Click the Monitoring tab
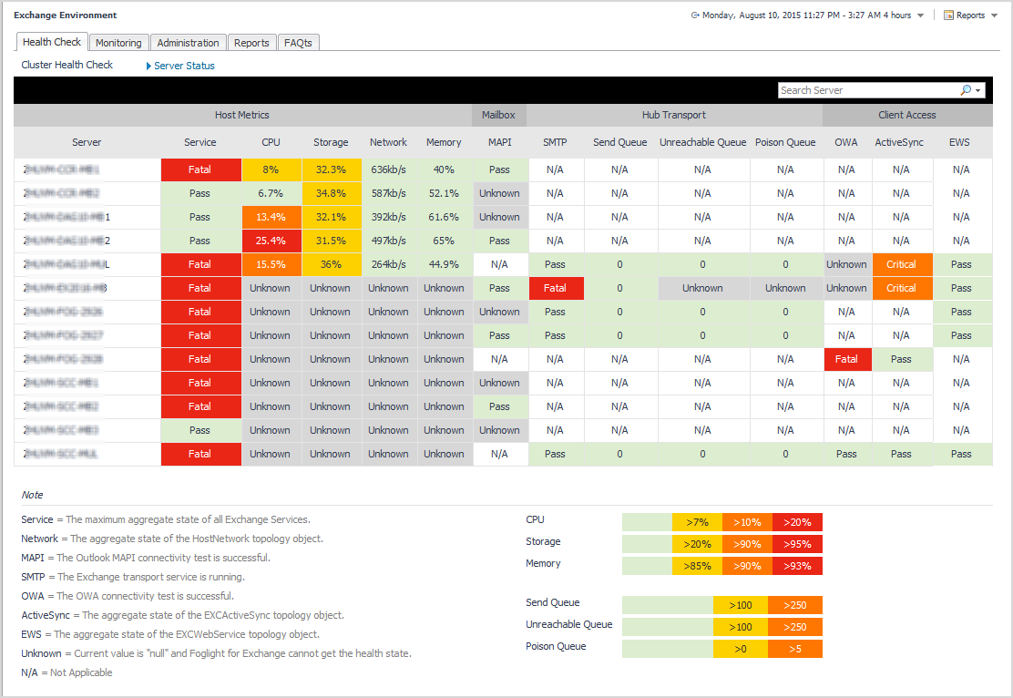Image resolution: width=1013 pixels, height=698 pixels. [x=118, y=43]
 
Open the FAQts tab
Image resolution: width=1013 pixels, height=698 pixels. [x=298, y=43]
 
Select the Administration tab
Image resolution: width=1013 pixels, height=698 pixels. [x=188, y=43]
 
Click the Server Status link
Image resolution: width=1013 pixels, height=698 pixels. [x=184, y=66]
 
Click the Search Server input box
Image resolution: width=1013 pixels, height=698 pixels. [x=868, y=90]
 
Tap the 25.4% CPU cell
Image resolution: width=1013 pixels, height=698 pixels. [x=271, y=241]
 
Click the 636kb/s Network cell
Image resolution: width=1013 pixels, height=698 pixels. [x=389, y=169]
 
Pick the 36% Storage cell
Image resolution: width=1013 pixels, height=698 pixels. [x=331, y=264]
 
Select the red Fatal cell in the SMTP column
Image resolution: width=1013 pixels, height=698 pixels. [x=555, y=288]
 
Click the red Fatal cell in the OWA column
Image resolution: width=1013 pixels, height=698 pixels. [x=846, y=359]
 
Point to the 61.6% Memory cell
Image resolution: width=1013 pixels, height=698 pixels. [x=444, y=217]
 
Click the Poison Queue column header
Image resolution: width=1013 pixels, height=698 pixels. [x=785, y=142]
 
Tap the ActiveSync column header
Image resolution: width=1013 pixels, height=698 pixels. [x=899, y=142]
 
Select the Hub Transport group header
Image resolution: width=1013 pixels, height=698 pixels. [x=673, y=115]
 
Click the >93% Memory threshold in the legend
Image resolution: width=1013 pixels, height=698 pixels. [x=797, y=566]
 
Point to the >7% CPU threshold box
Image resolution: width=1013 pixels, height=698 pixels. [x=697, y=522]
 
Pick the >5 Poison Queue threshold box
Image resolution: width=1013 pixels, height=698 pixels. [x=794, y=649]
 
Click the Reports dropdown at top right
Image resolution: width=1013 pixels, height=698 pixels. [x=970, y=15]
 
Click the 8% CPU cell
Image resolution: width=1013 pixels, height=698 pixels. [x=271, y=169]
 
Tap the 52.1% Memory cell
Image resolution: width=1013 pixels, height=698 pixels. [x=444, y=193]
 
